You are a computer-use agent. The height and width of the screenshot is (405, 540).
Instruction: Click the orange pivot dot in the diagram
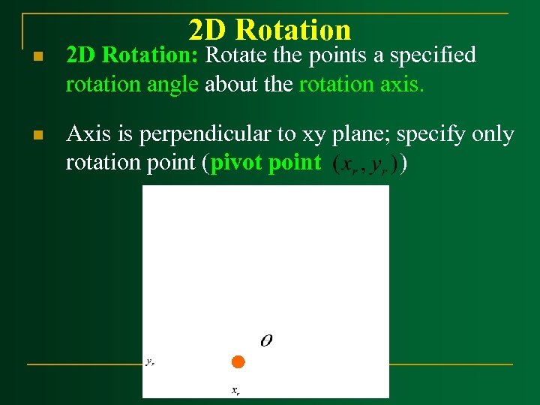point(238,362)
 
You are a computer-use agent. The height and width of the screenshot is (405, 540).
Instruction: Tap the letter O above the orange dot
point(266,341)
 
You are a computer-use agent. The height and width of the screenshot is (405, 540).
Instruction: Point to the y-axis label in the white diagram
point(150,361)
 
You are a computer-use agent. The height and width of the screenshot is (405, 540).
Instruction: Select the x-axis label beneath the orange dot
point(235,390)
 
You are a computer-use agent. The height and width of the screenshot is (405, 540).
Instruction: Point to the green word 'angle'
point(174,85)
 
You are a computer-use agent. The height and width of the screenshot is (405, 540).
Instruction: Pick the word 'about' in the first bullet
point(229,85)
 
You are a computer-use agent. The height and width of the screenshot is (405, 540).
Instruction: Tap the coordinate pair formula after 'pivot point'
point(364,164)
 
